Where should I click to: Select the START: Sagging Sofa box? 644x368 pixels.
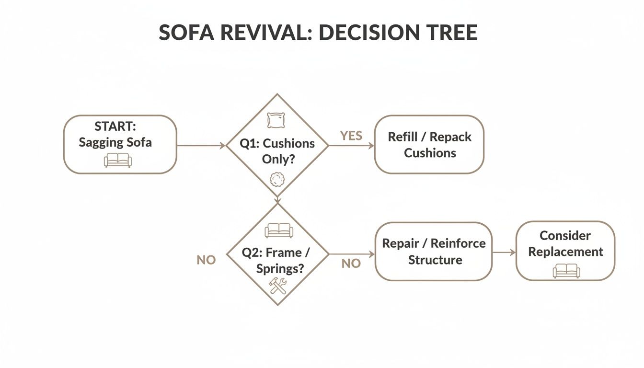(x=120, y=144)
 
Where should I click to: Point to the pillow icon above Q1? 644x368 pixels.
(x=276, y=120)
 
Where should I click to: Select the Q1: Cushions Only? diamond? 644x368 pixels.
(x=277, y=151)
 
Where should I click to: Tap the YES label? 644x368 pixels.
(x=351, y=136)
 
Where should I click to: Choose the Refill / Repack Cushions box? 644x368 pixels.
(x=429, y=144)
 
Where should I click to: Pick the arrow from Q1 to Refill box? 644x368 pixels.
(x=351, y=145)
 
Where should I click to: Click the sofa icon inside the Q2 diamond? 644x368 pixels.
(x=279, y=230)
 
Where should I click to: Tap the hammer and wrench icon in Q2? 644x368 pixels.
(x=277, y=285)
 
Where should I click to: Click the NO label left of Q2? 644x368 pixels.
(x=206, y=260)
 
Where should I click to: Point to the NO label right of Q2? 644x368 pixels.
(x=351, y=264)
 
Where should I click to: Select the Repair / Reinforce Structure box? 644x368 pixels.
(x=434, y=251)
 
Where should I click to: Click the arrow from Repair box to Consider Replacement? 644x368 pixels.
(x=504, y=252)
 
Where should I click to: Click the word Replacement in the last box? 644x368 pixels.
(x=565, y=252)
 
